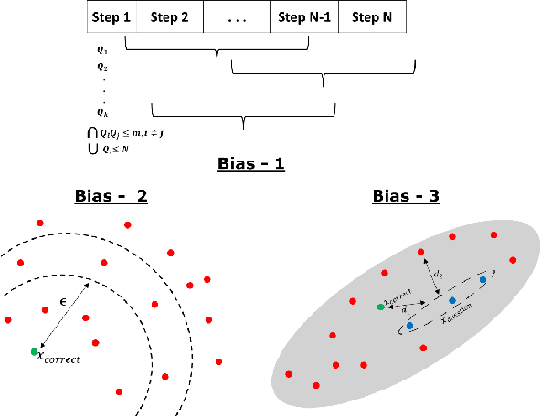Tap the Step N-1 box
(x=304, y=16)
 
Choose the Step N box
(x=372, y=16)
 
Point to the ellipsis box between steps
(x=237, y=16)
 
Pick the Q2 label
(x=102, y=67)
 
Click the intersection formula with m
(x=122, y=133)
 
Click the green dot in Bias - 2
(x=35, y=351)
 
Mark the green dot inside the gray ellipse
(x=380, y=307)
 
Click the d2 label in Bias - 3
(x=439, y=272)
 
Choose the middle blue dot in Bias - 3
(x=451, y=300)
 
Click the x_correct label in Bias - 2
(x=60, y=359)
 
